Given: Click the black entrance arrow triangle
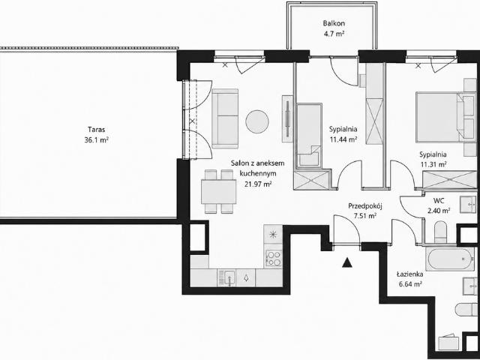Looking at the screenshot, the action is [x=346, y=262].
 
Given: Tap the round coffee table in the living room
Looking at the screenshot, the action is [x=257, y=121].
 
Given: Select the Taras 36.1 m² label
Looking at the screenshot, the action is [x=97, y=135].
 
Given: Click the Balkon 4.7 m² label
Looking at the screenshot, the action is [x=334, y=28].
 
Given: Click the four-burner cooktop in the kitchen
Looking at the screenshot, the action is [x=274, y=258].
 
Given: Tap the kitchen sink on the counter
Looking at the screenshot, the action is [x=226, y=278].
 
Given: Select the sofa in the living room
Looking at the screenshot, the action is [x=225, y=118].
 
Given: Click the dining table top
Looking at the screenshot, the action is [x=218, y=192].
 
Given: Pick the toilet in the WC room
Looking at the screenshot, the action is [x=440, y=232].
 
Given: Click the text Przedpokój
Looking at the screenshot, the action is [x=365, y=206].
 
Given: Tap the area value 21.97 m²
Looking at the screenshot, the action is [x=258, y=184].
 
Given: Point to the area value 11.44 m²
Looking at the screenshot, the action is [x=343, y=139].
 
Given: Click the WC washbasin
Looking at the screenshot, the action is [x=468, y=204].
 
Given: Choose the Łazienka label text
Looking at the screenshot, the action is [x=410, y=274].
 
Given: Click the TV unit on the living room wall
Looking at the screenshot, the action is [x=287, y=118].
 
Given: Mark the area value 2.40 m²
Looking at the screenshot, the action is [x=439, y=210].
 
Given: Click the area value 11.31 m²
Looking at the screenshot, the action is [x=433, y=164].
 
